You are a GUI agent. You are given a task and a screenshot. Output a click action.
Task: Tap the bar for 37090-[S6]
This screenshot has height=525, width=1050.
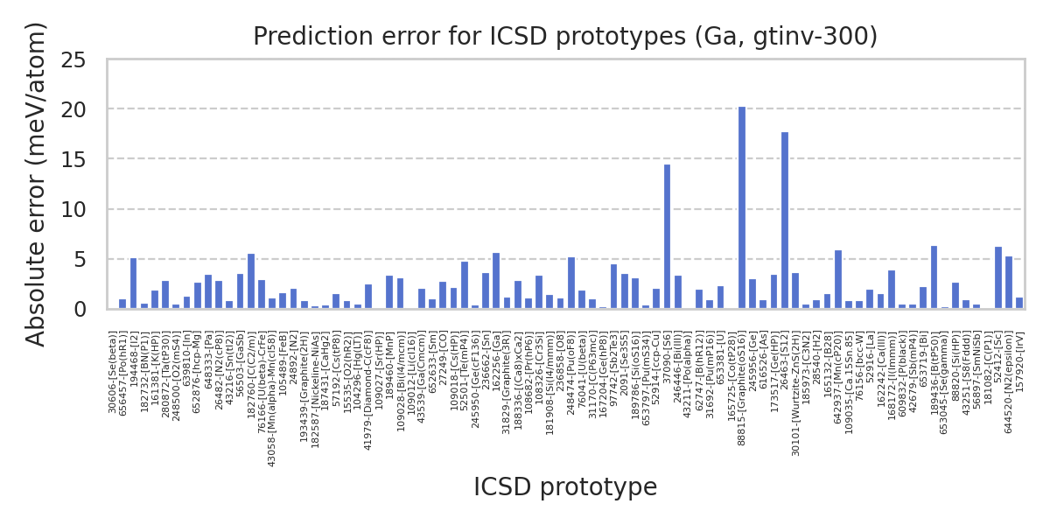667,236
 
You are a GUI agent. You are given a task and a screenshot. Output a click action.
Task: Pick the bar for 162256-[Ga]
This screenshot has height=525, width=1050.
496,281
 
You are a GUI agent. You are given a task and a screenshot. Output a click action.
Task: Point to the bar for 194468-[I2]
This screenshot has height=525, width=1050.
133,283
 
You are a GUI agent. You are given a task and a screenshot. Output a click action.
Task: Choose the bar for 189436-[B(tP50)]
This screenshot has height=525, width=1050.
934,277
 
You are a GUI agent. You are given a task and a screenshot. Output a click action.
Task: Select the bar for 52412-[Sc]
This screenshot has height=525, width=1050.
998,277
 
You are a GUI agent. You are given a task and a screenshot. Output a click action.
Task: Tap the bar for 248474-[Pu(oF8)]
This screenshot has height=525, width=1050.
571,283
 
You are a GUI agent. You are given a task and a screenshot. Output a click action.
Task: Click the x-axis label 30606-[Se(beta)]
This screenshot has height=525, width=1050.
113,373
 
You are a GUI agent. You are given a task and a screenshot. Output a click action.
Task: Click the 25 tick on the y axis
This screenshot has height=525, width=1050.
86,60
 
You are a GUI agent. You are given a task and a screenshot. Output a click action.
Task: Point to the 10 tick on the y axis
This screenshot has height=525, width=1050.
86,210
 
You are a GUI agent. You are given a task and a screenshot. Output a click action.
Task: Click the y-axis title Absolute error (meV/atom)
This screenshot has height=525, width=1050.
36,184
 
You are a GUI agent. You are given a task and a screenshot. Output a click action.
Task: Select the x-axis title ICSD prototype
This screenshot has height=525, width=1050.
565,487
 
